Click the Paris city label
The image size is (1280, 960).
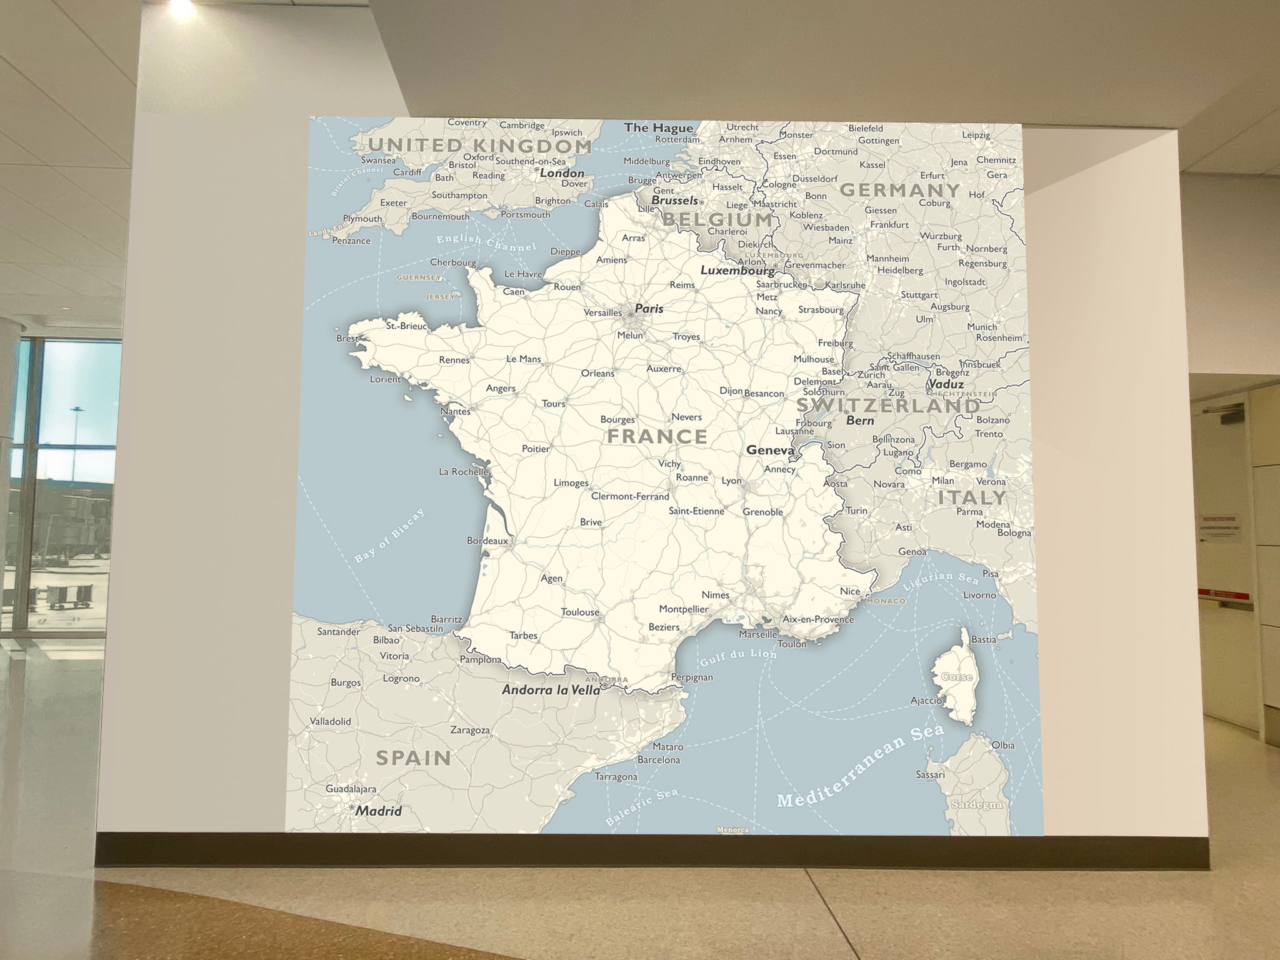point(649,309)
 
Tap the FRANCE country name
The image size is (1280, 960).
point(657,436)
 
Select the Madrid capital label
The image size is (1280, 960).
point(379,811)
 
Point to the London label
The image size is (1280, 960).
point(562,173)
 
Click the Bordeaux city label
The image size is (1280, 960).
point(487,541)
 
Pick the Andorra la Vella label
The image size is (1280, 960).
point(551,690)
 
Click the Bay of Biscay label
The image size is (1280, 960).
point(389,536)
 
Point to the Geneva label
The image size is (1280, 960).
point(769,450)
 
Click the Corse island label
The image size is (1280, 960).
point(956,677)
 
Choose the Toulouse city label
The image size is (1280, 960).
point(580,612)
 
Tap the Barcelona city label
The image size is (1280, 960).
point(658,760)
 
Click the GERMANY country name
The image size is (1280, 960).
point(899,190)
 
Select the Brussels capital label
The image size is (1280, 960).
point(674,201)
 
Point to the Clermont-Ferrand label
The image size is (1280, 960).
point(630,497)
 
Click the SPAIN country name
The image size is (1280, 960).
point(413,758)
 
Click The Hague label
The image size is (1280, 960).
point(658,128)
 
